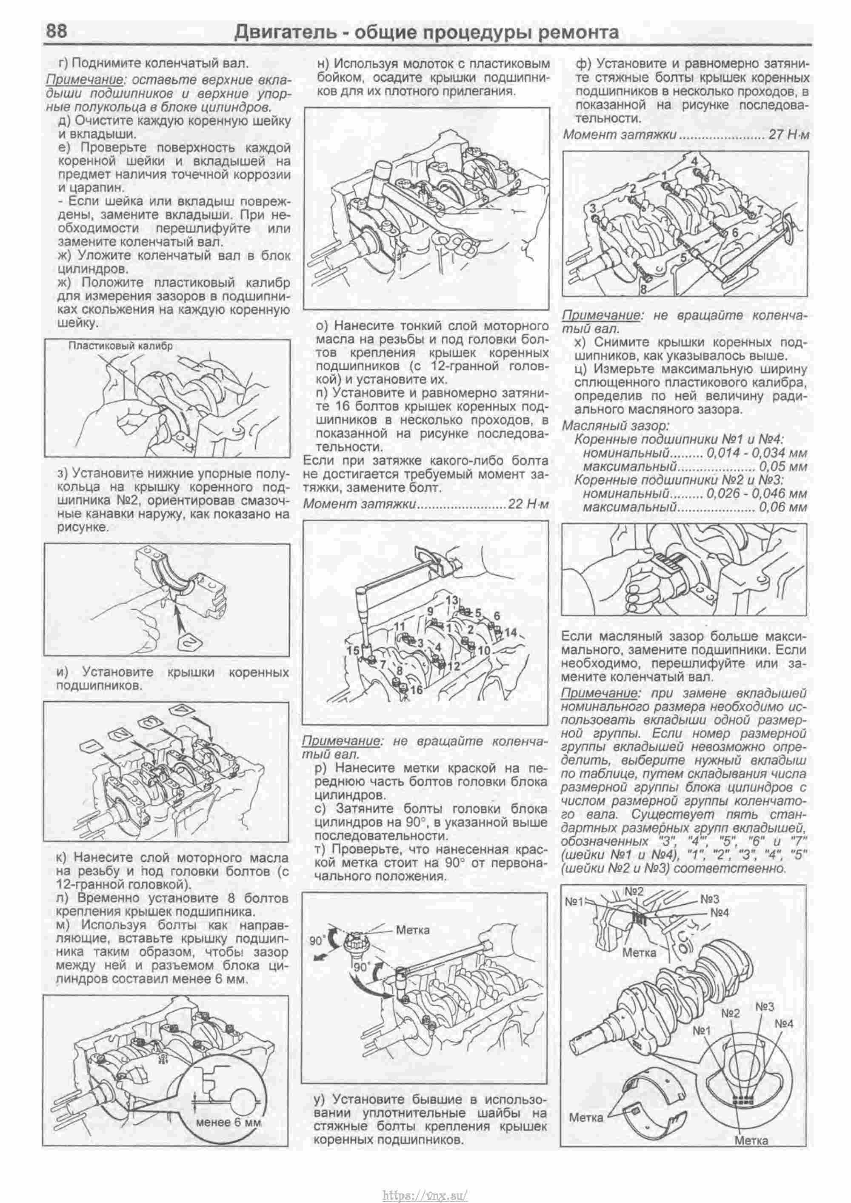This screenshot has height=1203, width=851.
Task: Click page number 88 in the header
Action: [x=57, y=31]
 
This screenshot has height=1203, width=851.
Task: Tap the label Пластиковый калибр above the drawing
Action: [x=120, y=346]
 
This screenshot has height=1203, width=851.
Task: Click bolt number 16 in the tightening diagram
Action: [x=417, y=691]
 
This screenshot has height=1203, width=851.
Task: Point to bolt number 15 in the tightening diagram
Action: [x=353, y=650]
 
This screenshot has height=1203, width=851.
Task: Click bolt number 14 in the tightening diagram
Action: [x=511, y=632]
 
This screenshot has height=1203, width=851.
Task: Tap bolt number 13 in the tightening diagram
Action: [x=452, y=599]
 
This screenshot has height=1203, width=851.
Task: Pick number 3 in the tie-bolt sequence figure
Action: [x=593, y=209]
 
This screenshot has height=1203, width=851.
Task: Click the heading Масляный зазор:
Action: [x=615, y=426]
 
